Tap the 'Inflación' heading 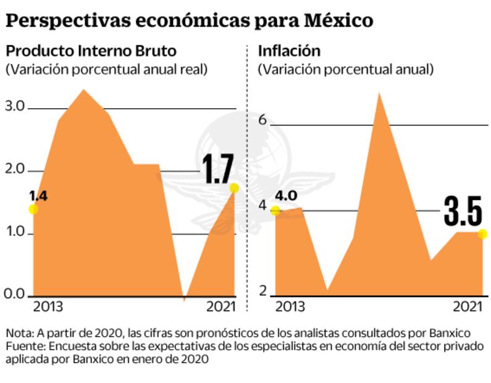289,51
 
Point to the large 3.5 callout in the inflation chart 463,213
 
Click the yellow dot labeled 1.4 33,209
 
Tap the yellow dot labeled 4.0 275,211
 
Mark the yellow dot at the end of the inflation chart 482,234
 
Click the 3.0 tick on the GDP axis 15,107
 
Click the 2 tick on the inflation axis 262,291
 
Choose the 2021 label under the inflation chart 468,307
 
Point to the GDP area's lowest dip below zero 184,300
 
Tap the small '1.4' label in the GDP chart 38,196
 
